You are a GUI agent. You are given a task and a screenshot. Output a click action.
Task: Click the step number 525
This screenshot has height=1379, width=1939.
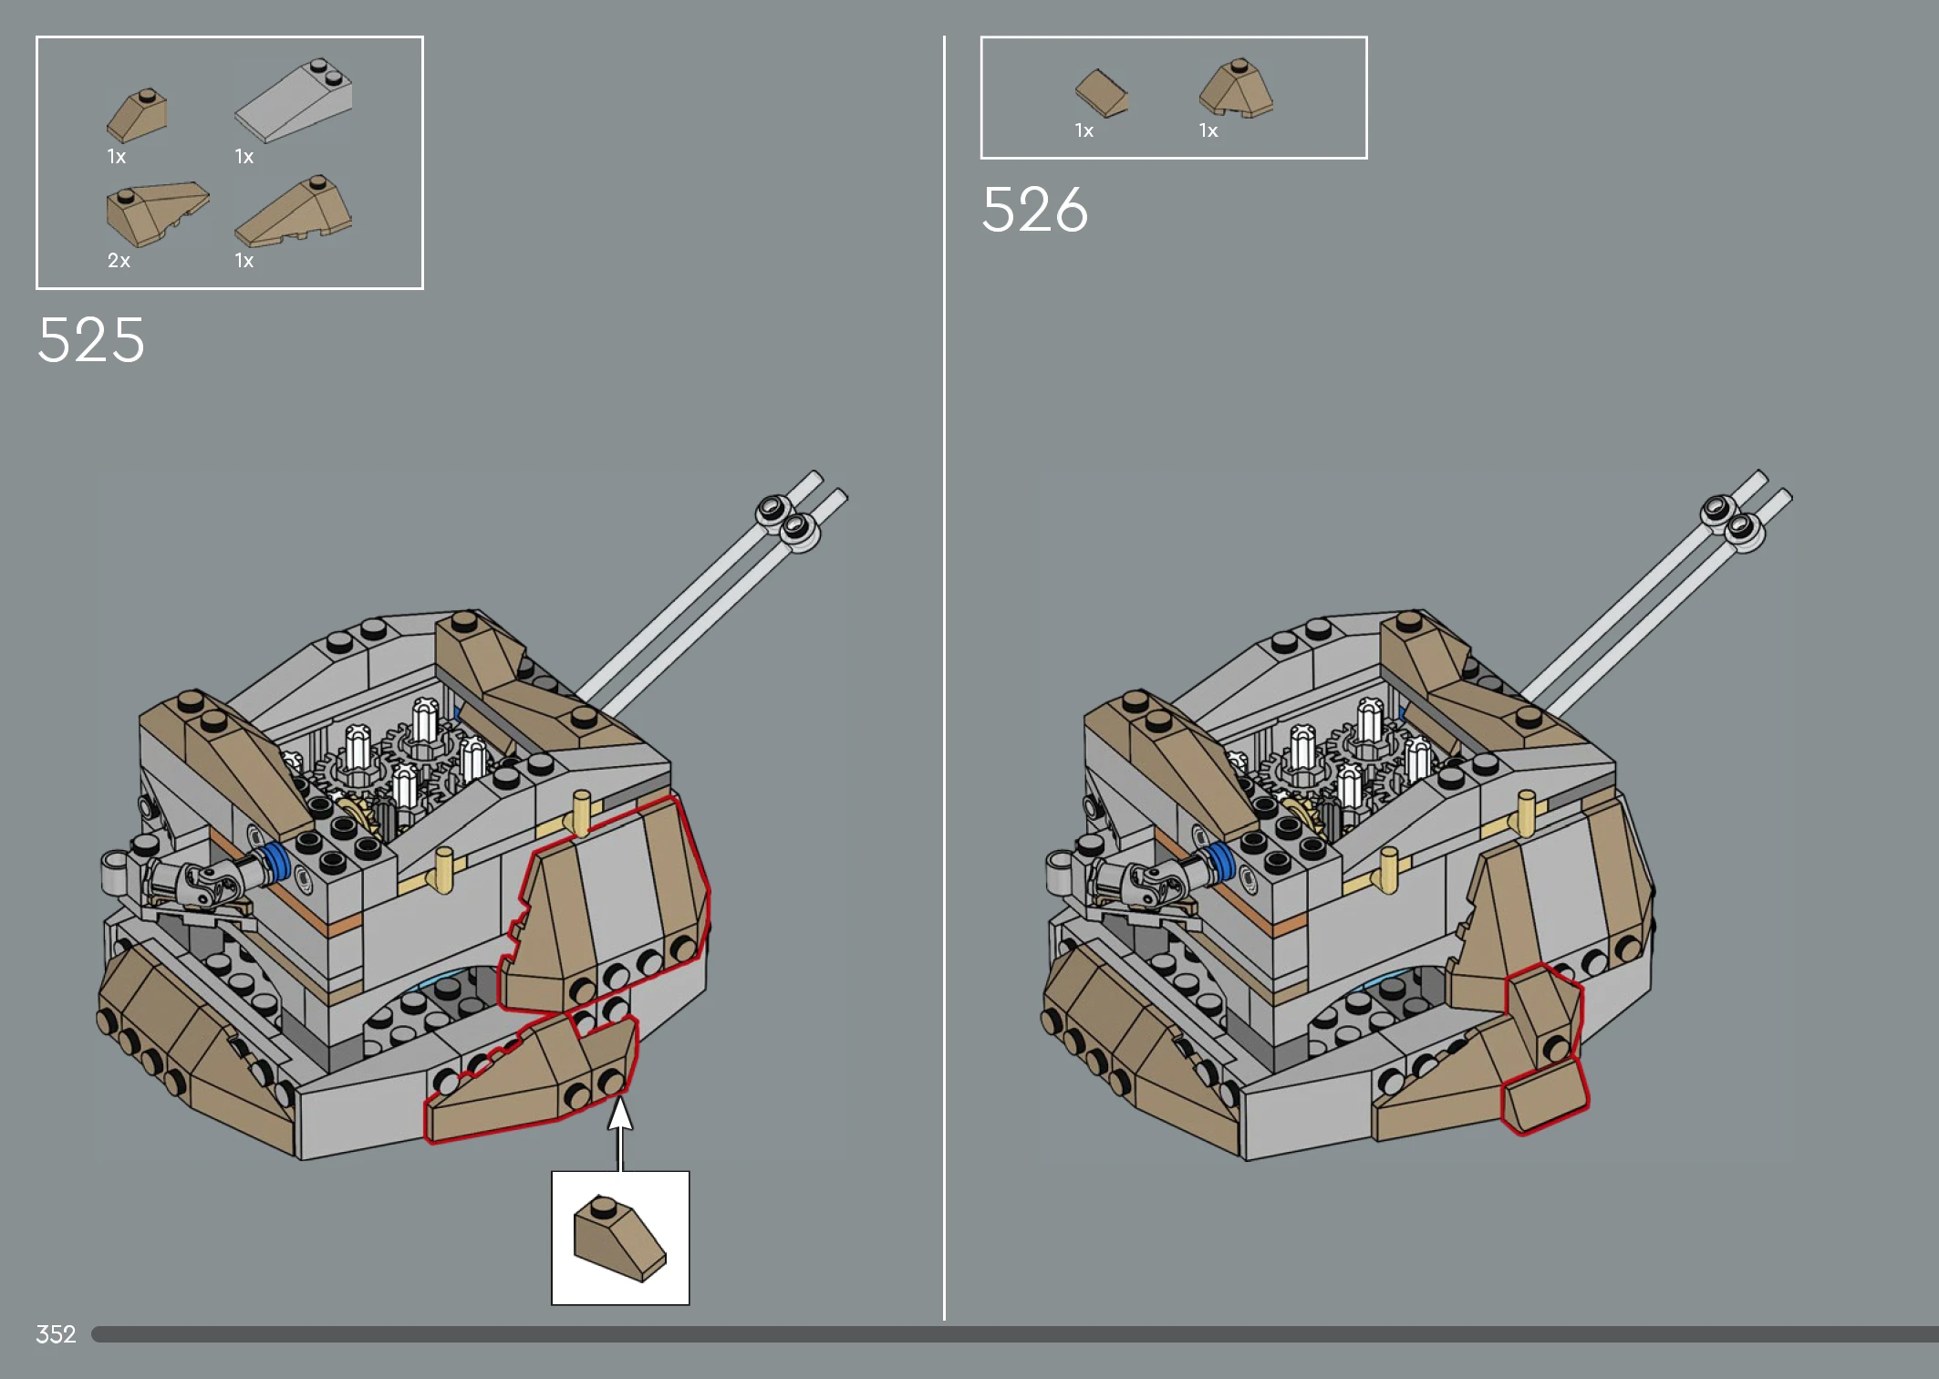coord(91,340)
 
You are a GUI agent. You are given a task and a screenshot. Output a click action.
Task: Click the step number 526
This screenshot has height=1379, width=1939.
coord(1035,210)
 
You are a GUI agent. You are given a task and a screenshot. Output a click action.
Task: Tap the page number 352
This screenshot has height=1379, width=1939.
coord(56,1334)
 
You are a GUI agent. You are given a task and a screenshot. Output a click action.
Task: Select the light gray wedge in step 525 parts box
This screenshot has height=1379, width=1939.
coord(294,100)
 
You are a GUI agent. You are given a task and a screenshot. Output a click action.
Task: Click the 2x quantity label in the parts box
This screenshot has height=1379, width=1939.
coord(119,261)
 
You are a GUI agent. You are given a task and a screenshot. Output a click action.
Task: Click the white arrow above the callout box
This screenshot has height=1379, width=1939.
coord(620,1134)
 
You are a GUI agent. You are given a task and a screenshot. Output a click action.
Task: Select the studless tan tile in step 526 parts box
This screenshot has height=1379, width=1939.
coord(1102,93)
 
